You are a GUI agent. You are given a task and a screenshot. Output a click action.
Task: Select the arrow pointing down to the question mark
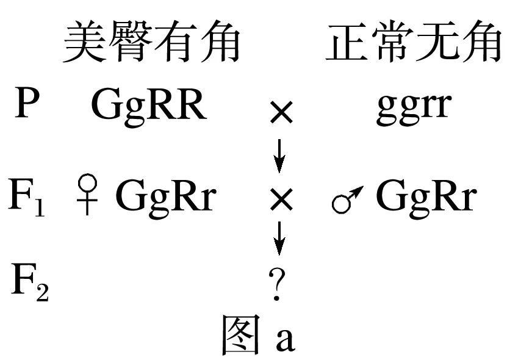(x=279, y=239)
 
